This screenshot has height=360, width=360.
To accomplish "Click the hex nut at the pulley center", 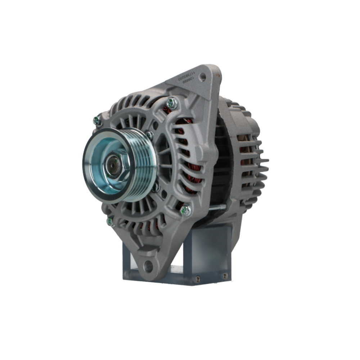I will click(115, 165).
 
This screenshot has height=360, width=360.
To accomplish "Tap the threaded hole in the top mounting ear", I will click(202, 76).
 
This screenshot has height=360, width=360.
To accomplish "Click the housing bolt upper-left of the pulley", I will click(97, 121).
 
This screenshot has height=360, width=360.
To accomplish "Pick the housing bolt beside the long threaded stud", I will click(186, 210).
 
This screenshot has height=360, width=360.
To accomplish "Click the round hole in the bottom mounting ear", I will click(148, 267).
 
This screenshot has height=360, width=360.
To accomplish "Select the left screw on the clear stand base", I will click(197, 278).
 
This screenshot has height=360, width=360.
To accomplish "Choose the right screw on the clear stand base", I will click(225, 276).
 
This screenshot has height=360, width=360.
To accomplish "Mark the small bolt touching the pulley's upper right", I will click(149, 135).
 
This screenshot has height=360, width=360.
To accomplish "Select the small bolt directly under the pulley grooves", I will click(156, 187).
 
